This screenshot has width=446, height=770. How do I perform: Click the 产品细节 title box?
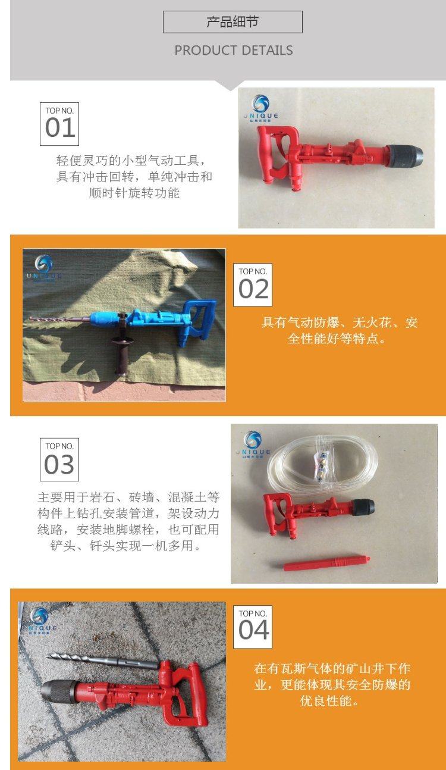pos(233,22)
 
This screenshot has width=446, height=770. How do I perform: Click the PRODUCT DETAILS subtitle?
pos(234,50)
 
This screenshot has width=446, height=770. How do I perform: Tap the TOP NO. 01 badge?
pos(59,124)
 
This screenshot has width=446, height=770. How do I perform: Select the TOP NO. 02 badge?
pos(253,284)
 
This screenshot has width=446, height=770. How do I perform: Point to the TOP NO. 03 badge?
pos(59,459)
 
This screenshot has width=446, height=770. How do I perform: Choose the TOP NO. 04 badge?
pos(253,627)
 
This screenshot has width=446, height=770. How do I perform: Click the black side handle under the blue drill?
pos(120,357)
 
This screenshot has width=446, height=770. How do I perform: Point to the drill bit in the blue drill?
pos(61,320)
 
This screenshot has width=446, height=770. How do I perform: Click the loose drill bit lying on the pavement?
pos(103,661)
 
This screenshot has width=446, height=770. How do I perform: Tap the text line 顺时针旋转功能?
pos(134,193)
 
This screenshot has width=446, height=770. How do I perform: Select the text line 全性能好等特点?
pos(337,339)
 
